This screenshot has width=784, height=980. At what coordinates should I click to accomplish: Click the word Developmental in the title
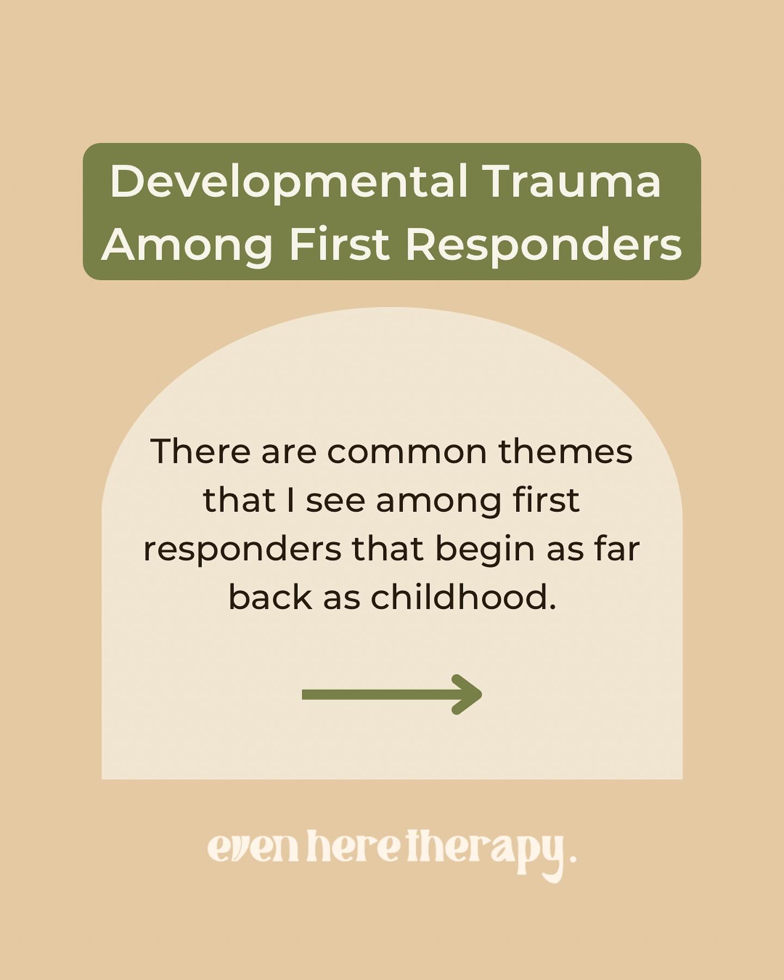[289, 182]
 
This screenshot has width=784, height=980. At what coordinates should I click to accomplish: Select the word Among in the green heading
[187, 244]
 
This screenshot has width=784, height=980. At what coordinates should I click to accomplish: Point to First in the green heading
[339, 244]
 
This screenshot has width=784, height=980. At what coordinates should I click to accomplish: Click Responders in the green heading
[543, 244]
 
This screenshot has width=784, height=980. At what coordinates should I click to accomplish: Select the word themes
[566, 451]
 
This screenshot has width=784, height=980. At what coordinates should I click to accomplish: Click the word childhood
[463, 597]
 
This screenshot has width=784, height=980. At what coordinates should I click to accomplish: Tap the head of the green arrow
[468, 694]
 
